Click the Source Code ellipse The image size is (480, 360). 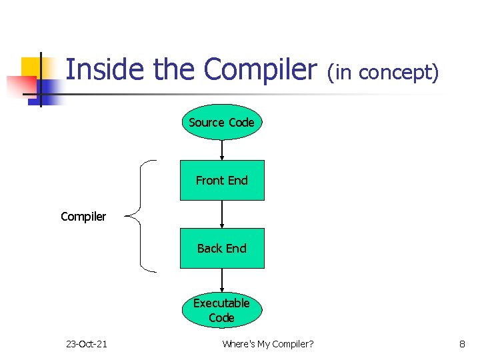click(x=222, y=122)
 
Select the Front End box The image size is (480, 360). click(x=222, y=180)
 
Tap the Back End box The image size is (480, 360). click(x=222, y=248)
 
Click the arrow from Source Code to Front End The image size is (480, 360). click(x=222, y=150)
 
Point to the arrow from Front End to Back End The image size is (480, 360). click(x=222, y=214)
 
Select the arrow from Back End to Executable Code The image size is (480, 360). click(x=222, y=280)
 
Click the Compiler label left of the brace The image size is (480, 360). click(x=83, y=217)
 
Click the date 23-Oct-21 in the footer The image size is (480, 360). click(x=86, y=344)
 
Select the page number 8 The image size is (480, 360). click(x=462, y=344)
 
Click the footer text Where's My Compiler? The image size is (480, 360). click(x=268, y=344)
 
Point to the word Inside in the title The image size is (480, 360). click(x=106, y=69)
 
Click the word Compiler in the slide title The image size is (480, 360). click(x=261, y=69)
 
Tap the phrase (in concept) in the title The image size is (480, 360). click(x=383, y=72)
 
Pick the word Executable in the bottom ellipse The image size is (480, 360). click(x=221, y=303)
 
